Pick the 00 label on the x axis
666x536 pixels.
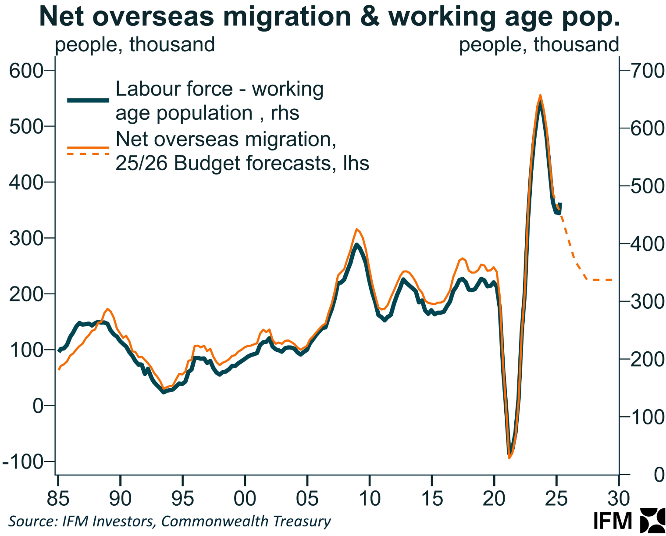point(245,499)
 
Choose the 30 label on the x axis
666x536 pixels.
point(619,499)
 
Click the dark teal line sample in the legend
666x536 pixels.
point(88,100)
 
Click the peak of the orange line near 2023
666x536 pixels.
point(540,95)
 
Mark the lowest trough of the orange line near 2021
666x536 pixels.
point(509,458)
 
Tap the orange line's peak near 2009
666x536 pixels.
point(357,229)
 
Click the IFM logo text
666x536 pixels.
point(613,521)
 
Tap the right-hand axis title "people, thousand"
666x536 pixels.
point(538,45)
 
